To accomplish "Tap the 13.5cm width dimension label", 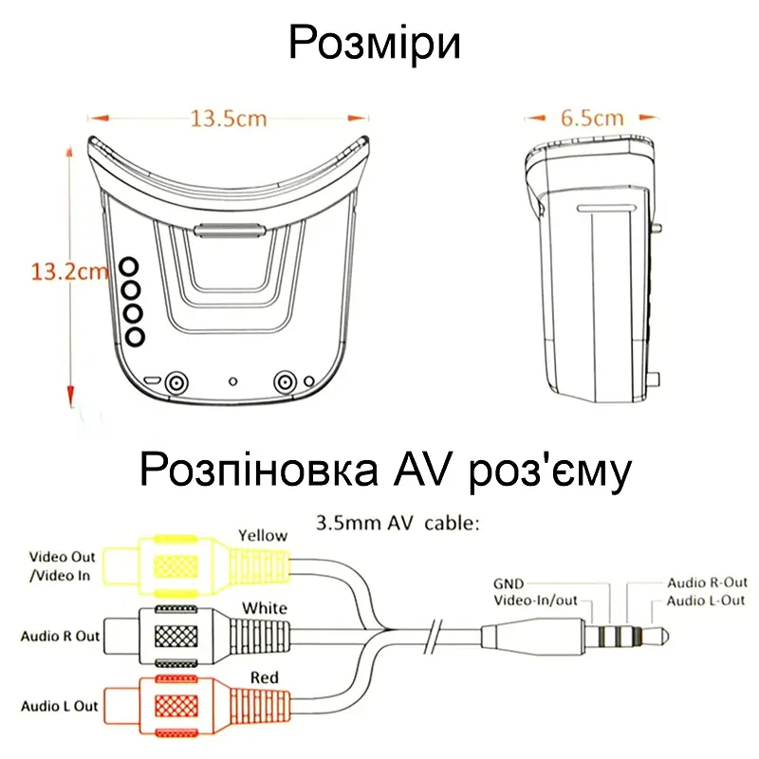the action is tap(229, 119).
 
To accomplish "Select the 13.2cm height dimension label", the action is tap(69, 271).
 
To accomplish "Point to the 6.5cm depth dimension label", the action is tap(592, 118).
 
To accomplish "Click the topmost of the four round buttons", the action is tap(129, 267).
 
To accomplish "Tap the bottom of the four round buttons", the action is tap(135, 337).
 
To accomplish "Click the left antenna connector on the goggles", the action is tap(176, 383).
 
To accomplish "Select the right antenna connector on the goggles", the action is tap(285, 382).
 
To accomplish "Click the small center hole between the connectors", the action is tap(232, 381).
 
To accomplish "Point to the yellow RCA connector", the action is tap(197, 565).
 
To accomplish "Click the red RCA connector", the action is tap(197, 705).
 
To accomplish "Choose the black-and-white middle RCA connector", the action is tap(197, 636).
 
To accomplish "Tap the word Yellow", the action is tap(263, 536).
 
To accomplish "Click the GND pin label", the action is tap(509, 583).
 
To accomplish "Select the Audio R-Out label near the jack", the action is tap(707, 583).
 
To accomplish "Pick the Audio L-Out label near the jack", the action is tap(706, 601).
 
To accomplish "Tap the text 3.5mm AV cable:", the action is tap(398, 524).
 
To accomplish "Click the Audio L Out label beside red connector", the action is tap(60, 706).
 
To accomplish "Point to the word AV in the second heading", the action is tap(421, 470).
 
